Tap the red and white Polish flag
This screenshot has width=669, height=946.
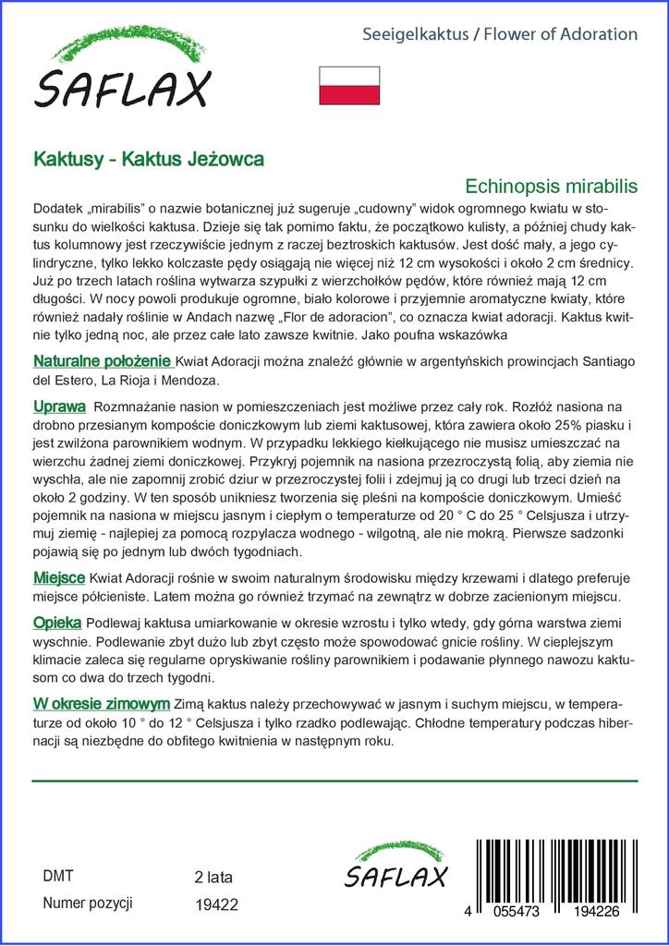pyautogui.click(x=349, y=85)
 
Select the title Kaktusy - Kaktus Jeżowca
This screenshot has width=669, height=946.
pyautogui.click(x=148, y=159)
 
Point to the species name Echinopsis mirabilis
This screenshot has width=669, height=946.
pyautogui.click(x=552, y=185)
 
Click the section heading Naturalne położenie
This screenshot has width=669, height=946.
pyautogui.click(x=103, y=360)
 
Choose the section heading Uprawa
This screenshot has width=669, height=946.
pyautogui.click(x=59, y=406)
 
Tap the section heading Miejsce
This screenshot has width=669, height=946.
pyautogui.click(x=60, y=577)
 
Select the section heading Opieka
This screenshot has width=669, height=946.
pyautogui.click(x=57, y=622)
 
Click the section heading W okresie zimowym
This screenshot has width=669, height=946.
pyautogui.click(x=101, y=702)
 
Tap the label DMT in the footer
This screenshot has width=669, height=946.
pyautogui.click(x=58, y=876)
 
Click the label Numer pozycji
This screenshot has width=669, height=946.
pyautogui.click(x=89, y=903)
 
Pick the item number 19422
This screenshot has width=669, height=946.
pyautogui.click(x=217, y=905)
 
